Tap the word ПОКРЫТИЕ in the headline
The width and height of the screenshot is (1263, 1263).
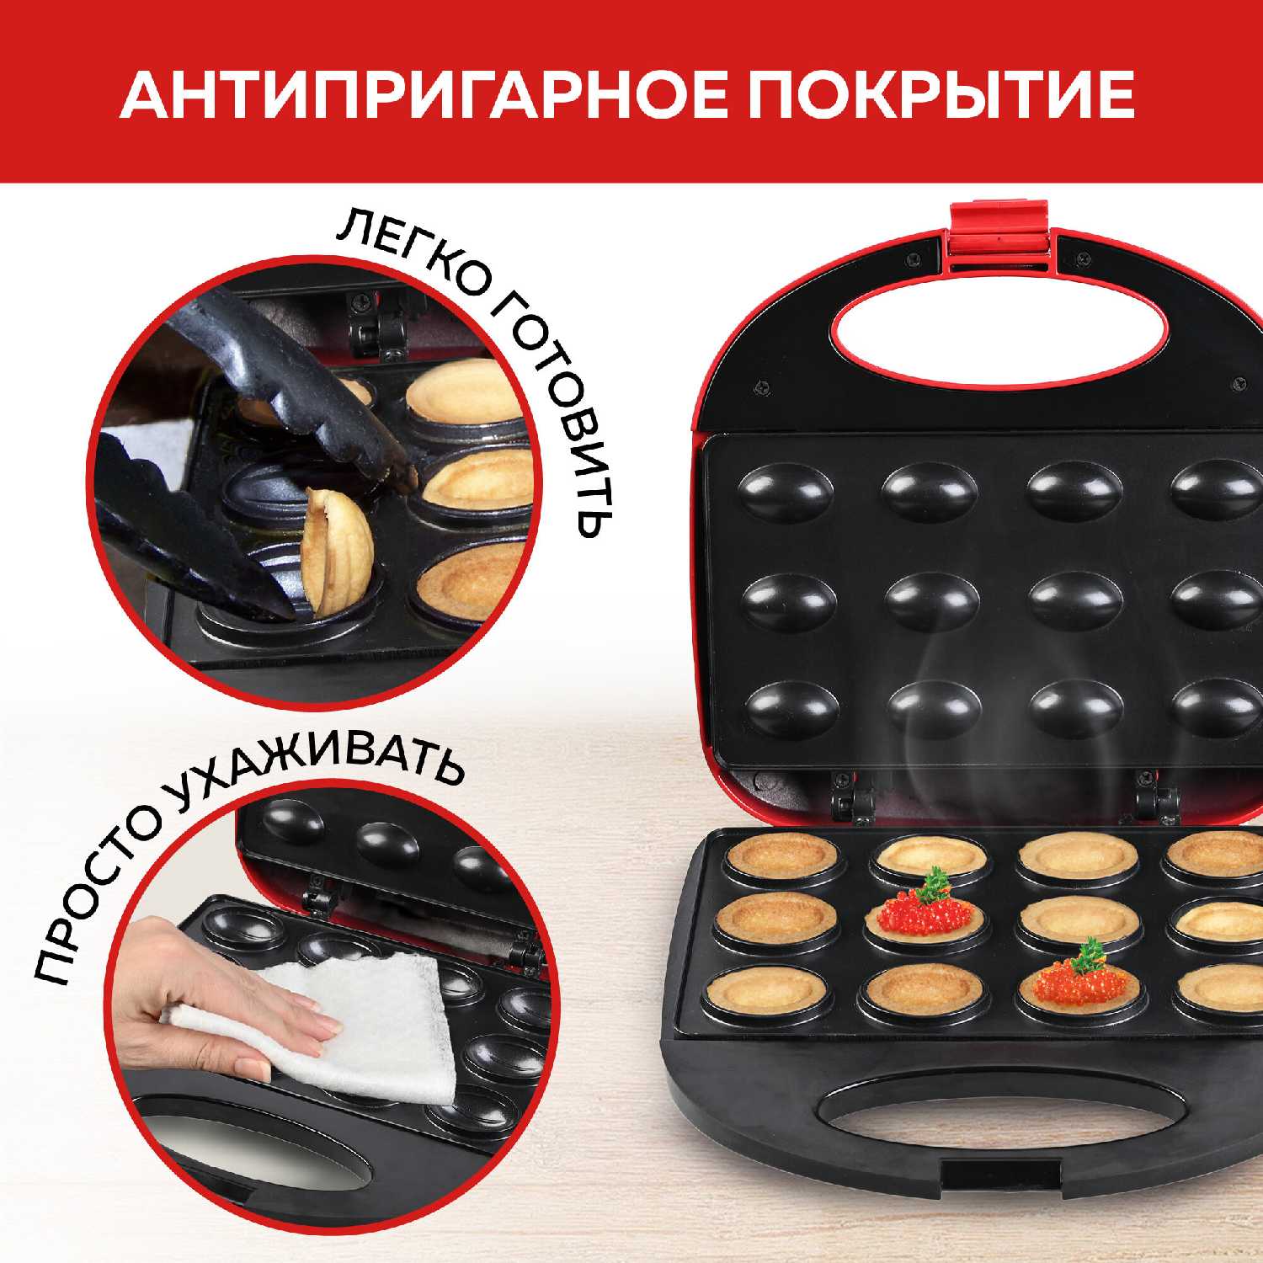[x=941, y=95]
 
